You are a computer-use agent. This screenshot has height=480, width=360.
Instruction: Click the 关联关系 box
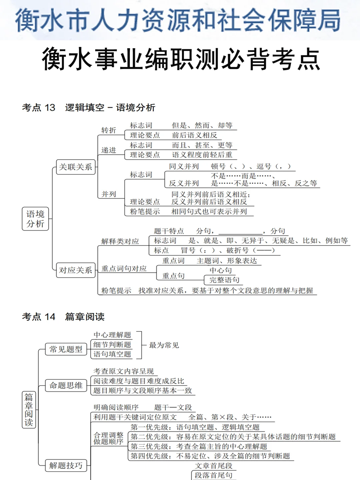pos(76,167)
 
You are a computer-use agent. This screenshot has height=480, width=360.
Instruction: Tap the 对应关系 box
pos(76,270)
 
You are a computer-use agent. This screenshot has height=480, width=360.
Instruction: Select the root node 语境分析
pos(35,219)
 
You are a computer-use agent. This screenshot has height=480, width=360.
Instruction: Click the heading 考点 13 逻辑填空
pos(88,108)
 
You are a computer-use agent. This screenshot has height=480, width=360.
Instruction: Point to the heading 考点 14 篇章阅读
pos(63,317)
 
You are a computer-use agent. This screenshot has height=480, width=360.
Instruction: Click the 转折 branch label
pos(109,130)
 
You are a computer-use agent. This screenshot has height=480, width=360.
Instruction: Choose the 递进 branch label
pos(109,150)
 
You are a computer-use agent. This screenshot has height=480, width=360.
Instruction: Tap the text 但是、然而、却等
pos(202,126)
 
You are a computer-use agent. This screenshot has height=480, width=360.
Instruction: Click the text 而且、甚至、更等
pos(202,145)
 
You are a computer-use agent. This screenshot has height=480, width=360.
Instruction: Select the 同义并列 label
pos(184,166)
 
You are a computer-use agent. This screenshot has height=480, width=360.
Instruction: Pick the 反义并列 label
pos(184,183)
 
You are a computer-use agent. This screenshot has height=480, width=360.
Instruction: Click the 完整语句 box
pos(224,280)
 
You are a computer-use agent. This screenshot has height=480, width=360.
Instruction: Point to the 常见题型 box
pos(66,349)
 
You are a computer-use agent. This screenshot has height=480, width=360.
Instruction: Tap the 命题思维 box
pos(66,386)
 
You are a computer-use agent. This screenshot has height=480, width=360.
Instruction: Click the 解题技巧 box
pos(66,466)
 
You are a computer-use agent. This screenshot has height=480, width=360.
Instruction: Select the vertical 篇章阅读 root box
pos(29,410)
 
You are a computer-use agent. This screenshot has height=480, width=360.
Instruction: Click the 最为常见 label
pos(164,345)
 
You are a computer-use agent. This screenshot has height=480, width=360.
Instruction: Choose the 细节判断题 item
pos(112,345)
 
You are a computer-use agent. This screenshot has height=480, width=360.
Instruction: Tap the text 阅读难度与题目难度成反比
pos(139,381)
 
